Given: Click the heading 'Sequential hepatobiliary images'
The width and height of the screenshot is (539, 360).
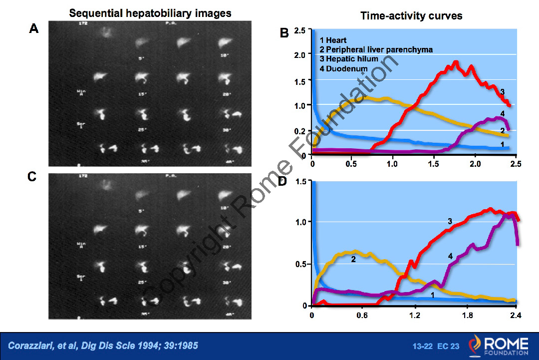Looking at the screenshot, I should point(150,13).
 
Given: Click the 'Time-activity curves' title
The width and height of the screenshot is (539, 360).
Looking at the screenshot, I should point(411,16).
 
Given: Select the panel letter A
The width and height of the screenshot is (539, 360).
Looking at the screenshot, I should point(33,29).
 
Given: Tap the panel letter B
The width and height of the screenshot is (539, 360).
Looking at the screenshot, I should point(284,33).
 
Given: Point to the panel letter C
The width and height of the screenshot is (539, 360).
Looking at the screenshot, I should point(32,176).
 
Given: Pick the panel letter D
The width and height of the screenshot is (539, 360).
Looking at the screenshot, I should point(282,181).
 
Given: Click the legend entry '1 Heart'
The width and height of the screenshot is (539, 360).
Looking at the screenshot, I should point(333,40).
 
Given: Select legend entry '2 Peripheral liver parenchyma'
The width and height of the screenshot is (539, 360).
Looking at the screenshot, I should point(376,49).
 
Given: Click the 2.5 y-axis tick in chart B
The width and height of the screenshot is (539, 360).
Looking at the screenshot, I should point(300,31).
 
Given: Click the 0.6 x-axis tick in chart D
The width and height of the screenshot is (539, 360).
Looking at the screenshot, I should point(363,316).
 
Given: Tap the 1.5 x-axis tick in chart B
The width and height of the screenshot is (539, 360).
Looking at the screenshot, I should point(434,164).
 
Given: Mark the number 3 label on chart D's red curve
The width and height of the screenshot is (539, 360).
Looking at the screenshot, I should point(450,221).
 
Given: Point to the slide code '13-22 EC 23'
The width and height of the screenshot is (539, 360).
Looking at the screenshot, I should point(435,346).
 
